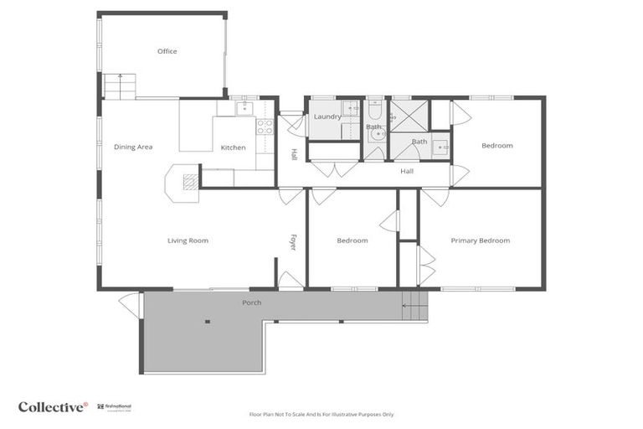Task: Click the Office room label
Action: tap(167, 52)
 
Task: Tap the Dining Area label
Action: tap(133, 147)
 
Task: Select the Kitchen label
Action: tap(233, 148)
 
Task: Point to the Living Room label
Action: tap(188, 240)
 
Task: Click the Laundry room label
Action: tap(327, 116)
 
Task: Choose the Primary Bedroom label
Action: tap(480, 240)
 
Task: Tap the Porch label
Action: tap(251, 302)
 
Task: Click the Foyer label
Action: tap(293, 241)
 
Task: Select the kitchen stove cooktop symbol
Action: tap(264, 127)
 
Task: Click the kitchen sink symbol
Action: tap(244, 107)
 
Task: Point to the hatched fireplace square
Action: tap(191, 180)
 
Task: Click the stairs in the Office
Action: tap(120, 86)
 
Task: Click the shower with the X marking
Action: tap(409, 116)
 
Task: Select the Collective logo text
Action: tap(53, 406)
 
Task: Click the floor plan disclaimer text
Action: tap(321, 414)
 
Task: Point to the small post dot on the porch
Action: tap(205, 321)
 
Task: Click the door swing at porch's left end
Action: tap(130, 304)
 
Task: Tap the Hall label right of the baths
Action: tap(407, 172)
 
